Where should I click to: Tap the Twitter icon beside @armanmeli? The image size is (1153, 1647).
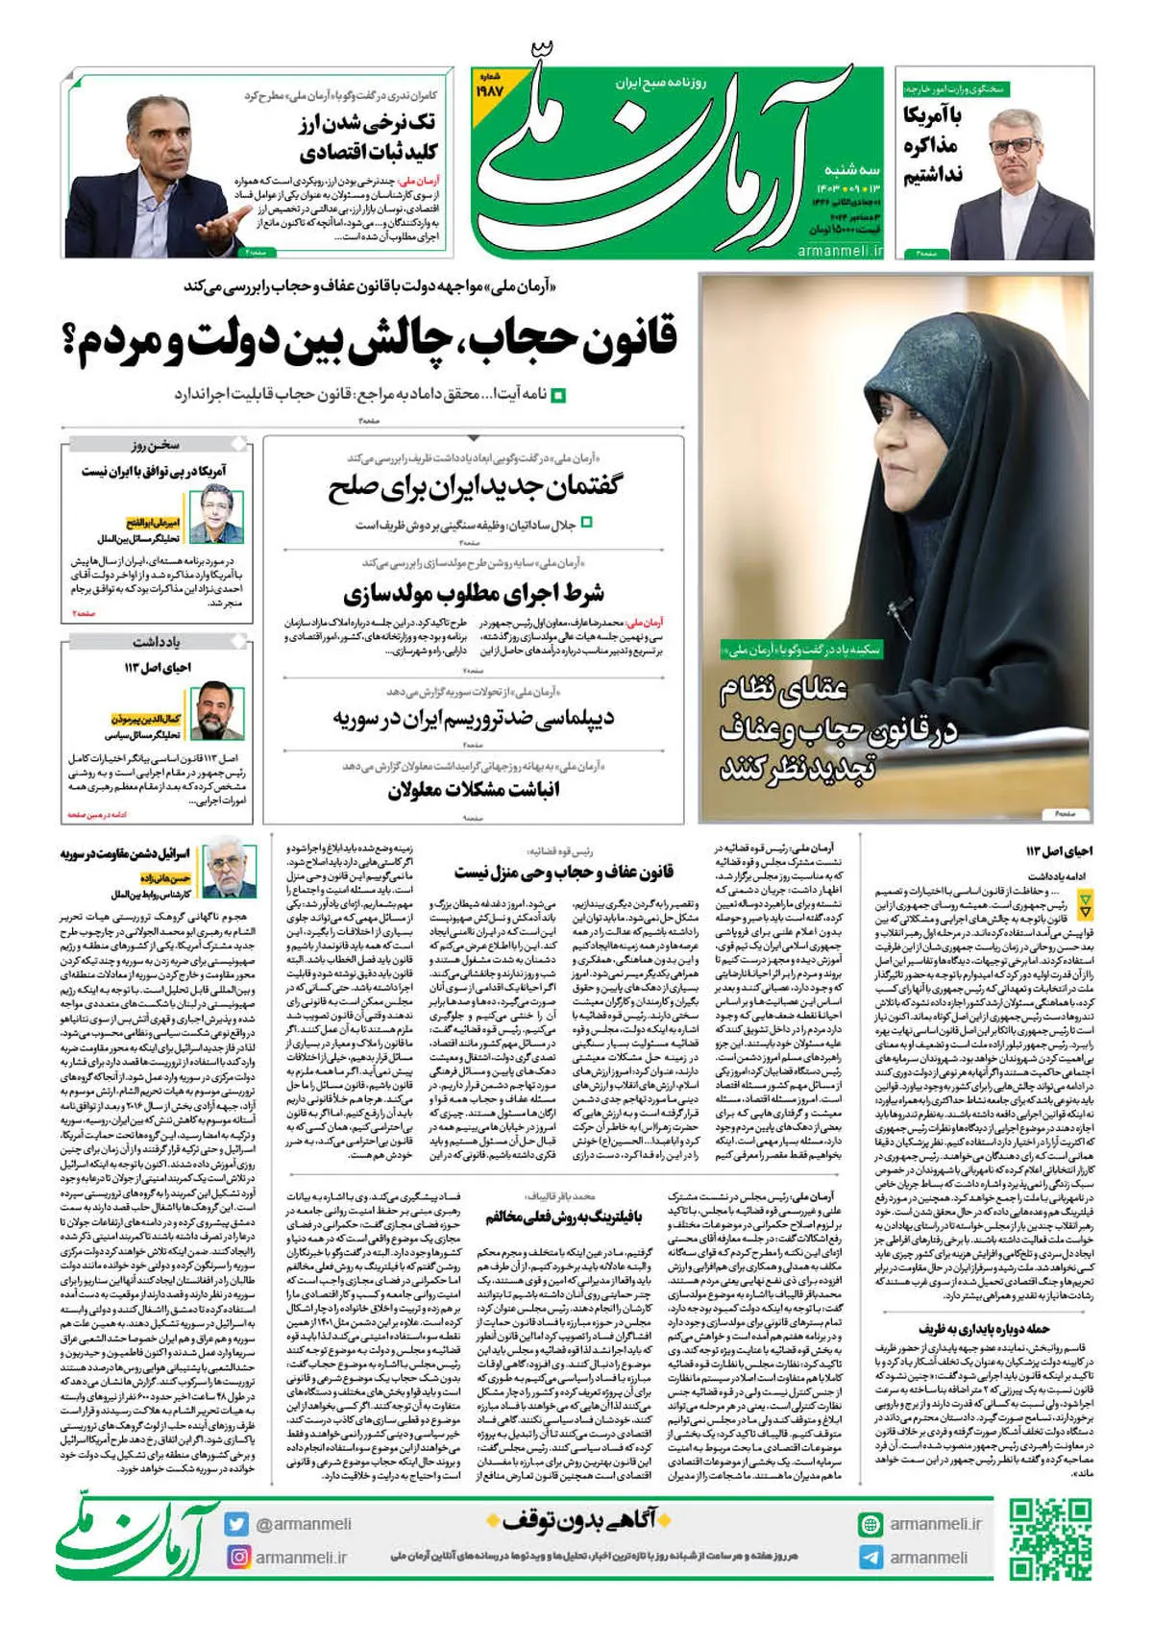point(237,1524)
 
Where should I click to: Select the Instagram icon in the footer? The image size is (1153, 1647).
point(237,1557)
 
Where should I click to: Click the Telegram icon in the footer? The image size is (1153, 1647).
point(871,1558)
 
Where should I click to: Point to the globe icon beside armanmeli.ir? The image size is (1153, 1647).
point(871,1524)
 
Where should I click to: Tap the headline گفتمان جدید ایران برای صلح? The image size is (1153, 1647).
point(474,488)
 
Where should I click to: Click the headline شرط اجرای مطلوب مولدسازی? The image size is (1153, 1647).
point(474,593)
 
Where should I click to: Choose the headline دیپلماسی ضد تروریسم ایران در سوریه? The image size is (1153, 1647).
point(474,718)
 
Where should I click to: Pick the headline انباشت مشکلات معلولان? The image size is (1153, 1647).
point(474,790)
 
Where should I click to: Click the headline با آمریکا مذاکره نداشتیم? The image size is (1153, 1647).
point(933,146)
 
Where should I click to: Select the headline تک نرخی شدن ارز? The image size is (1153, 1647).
point(368,137)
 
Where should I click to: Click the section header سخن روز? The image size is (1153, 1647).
point(156,446)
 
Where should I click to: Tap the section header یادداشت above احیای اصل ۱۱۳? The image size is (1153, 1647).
point(156,642)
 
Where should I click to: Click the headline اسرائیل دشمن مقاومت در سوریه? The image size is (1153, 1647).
point(126,853)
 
